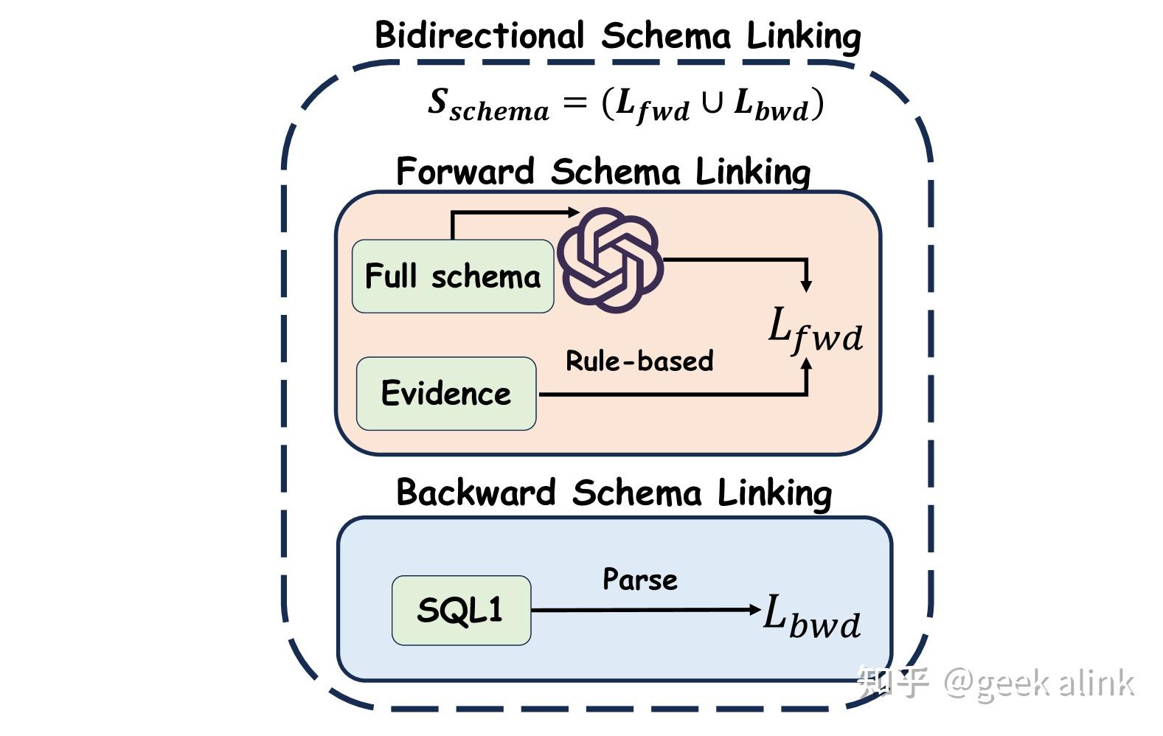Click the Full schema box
(452, 277)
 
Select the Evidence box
(445, 393)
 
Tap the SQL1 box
(460, 611)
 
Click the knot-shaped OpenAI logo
(610, 260)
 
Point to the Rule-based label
(639, 361)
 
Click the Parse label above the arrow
(639, 580)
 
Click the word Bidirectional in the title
(479, 35)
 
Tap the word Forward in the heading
(465, 171)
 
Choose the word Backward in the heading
(476, 493)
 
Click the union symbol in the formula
(712, 103)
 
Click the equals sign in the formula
(574, 103)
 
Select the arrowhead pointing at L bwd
(754, 610)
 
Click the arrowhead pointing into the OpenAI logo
(573, 212)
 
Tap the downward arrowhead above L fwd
(806, 285)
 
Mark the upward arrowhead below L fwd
(806, 366)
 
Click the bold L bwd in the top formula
(771, 105)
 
